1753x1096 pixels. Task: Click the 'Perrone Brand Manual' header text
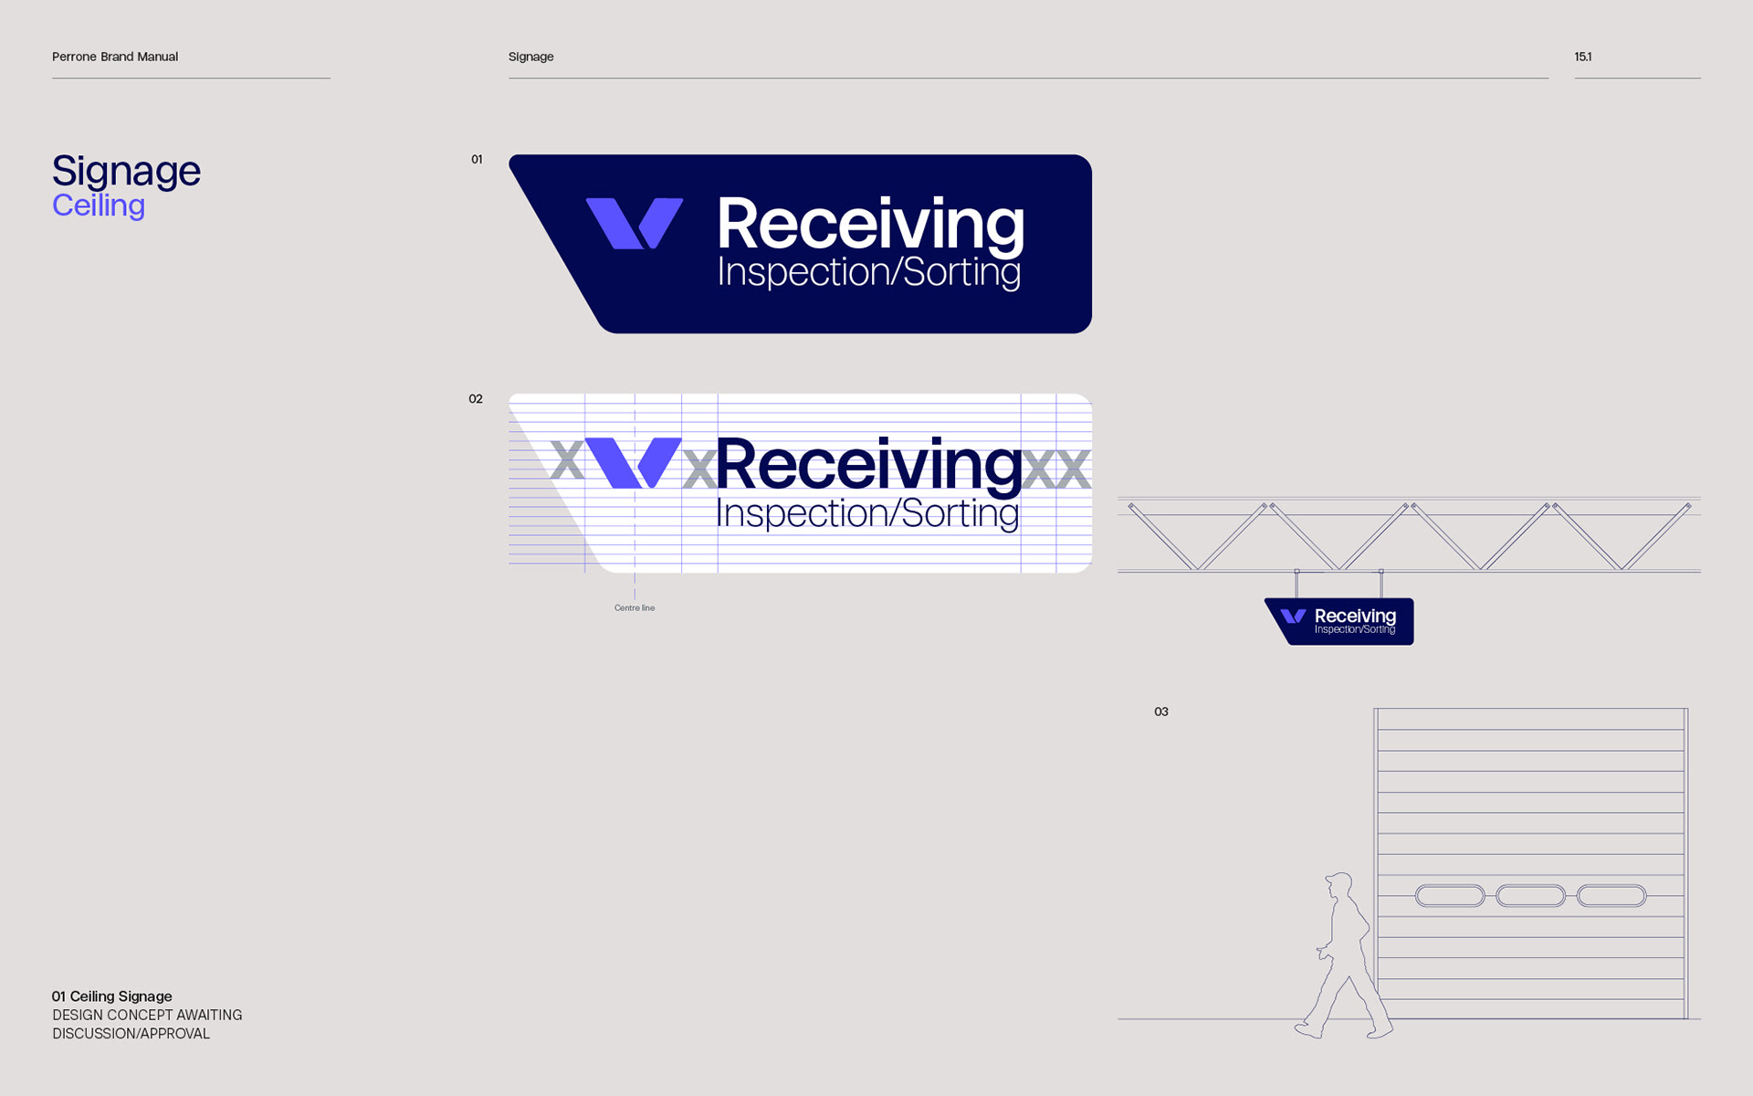[x=115, y=57]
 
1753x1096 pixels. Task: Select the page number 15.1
[x=1582, y=57]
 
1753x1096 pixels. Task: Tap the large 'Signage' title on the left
[x=126, y=172]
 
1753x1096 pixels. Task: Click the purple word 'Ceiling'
[x=99, y=205]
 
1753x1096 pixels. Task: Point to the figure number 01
[x=477, y=159]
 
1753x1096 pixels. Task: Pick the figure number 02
[x=476, y=399]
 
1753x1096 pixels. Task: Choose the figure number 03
[x=1161, y=711]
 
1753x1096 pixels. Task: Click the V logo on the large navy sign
[x=634, y=223]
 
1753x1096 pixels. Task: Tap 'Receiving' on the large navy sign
[x=870, y=225]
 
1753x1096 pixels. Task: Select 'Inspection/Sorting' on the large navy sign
[x=869, y=272]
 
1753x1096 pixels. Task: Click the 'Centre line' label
[x=635, y=608]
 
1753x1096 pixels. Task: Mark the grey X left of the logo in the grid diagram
[x=567, y=462]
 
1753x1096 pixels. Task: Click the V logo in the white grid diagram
[x=633, y=463]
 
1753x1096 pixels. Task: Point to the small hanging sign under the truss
[x=1339, y=621]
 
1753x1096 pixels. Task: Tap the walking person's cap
[x=1339, y=880]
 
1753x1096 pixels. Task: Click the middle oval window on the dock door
[x=1530, y=896]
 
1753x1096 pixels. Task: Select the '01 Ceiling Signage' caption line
[x=112, y=996]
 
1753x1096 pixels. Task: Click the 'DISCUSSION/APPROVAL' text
[x=131, y=1034]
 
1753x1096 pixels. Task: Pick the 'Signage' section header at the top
[x=531, y=57]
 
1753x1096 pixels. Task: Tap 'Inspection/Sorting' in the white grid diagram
[x=867, y=513]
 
